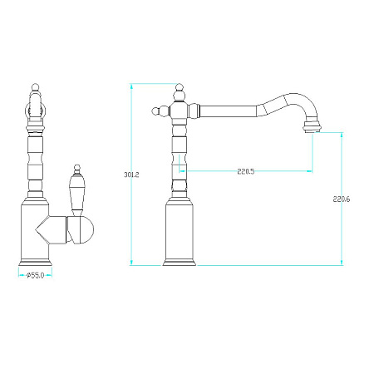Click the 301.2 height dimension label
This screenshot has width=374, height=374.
131,175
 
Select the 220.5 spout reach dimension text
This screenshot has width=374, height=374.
246,171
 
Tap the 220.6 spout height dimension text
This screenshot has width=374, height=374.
342,199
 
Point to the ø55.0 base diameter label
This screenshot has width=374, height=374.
36,275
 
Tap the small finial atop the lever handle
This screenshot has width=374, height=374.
77,169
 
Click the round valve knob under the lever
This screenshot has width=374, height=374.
81,230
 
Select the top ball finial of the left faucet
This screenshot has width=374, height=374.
35,88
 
